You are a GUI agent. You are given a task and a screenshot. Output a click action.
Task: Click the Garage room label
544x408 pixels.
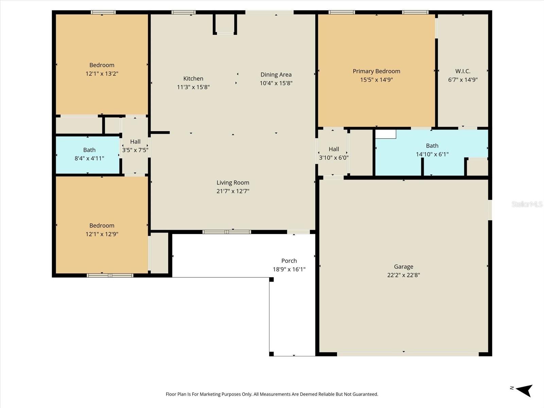coord(404,267)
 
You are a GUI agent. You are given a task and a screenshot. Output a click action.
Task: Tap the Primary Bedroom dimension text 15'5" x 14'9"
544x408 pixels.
coord(376,80)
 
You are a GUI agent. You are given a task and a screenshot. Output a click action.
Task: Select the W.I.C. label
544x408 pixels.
coord(463,71)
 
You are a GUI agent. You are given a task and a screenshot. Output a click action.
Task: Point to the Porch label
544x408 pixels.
coord(289,261)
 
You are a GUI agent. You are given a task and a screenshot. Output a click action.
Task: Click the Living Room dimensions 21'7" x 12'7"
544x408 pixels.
coord(233,191)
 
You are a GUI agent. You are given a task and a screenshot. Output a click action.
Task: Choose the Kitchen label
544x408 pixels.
coord(193,79)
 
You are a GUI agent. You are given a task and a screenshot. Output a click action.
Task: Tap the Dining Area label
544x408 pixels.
coord(276,74)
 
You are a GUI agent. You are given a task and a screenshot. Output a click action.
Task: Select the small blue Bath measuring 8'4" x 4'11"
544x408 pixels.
coord(88,155)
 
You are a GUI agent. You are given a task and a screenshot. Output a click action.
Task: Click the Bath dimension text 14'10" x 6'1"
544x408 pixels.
coord(432,154)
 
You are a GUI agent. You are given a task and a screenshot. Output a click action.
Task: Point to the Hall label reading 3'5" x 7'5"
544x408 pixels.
coord(135,146)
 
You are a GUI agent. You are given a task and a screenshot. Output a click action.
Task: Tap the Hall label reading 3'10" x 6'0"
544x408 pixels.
coord(334,153)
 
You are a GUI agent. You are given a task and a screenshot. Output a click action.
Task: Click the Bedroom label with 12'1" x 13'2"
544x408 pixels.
coord(102,65)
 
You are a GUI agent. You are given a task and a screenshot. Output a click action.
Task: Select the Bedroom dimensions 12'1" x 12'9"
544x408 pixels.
coord(102,234)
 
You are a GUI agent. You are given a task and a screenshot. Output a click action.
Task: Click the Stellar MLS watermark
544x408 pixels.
coord(527,204)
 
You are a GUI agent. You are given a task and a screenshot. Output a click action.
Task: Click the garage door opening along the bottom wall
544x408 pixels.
coord(408,354)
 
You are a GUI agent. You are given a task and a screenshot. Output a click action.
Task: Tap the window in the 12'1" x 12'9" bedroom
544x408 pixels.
coord(110,275)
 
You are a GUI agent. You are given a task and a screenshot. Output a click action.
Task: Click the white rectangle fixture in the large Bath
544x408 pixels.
coord(386,134)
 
